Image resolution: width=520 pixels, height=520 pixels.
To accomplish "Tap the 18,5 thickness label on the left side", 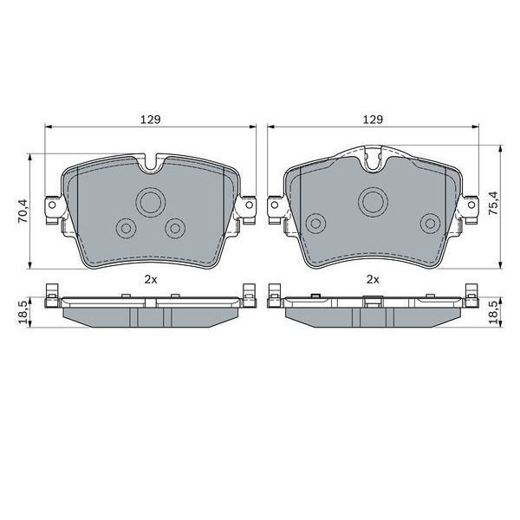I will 23,309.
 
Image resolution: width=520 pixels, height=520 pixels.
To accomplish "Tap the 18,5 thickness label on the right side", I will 494,309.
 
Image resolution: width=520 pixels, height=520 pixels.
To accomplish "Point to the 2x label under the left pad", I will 150,279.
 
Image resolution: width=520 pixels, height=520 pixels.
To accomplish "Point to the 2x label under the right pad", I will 373,279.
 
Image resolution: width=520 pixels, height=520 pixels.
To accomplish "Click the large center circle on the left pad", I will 150,203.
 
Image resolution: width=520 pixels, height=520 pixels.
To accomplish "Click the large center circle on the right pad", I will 374,201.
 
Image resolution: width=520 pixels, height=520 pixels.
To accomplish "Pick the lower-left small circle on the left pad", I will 126,228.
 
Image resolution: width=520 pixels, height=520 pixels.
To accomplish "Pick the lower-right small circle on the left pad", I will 175,228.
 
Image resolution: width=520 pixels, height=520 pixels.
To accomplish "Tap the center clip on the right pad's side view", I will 374,302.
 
